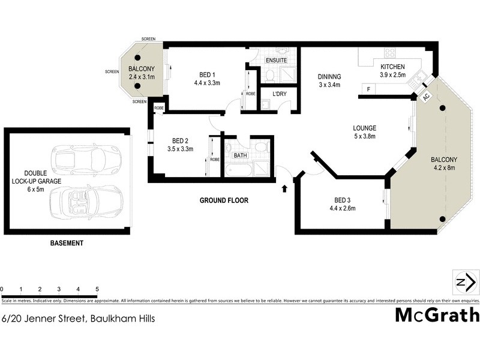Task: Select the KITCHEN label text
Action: click(x=392, y=67)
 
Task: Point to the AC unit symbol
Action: click(x=426, y=97)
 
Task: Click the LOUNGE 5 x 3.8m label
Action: click(x=364, y=132)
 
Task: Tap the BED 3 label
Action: click(x=343, y=205)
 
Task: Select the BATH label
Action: click(x=241, y=155)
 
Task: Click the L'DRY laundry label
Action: click(x=279, y=94)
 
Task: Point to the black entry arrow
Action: click(x=284, y=190)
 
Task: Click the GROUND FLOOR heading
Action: click(x=224, y=200)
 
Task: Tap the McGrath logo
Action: click(x=436, y=315)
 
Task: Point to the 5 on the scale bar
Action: click(x=97, y=289)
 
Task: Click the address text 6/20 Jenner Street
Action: click(x=78, y=319)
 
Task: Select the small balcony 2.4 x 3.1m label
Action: click(x=141, y=73)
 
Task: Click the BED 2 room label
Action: click(x=180, y=145)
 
